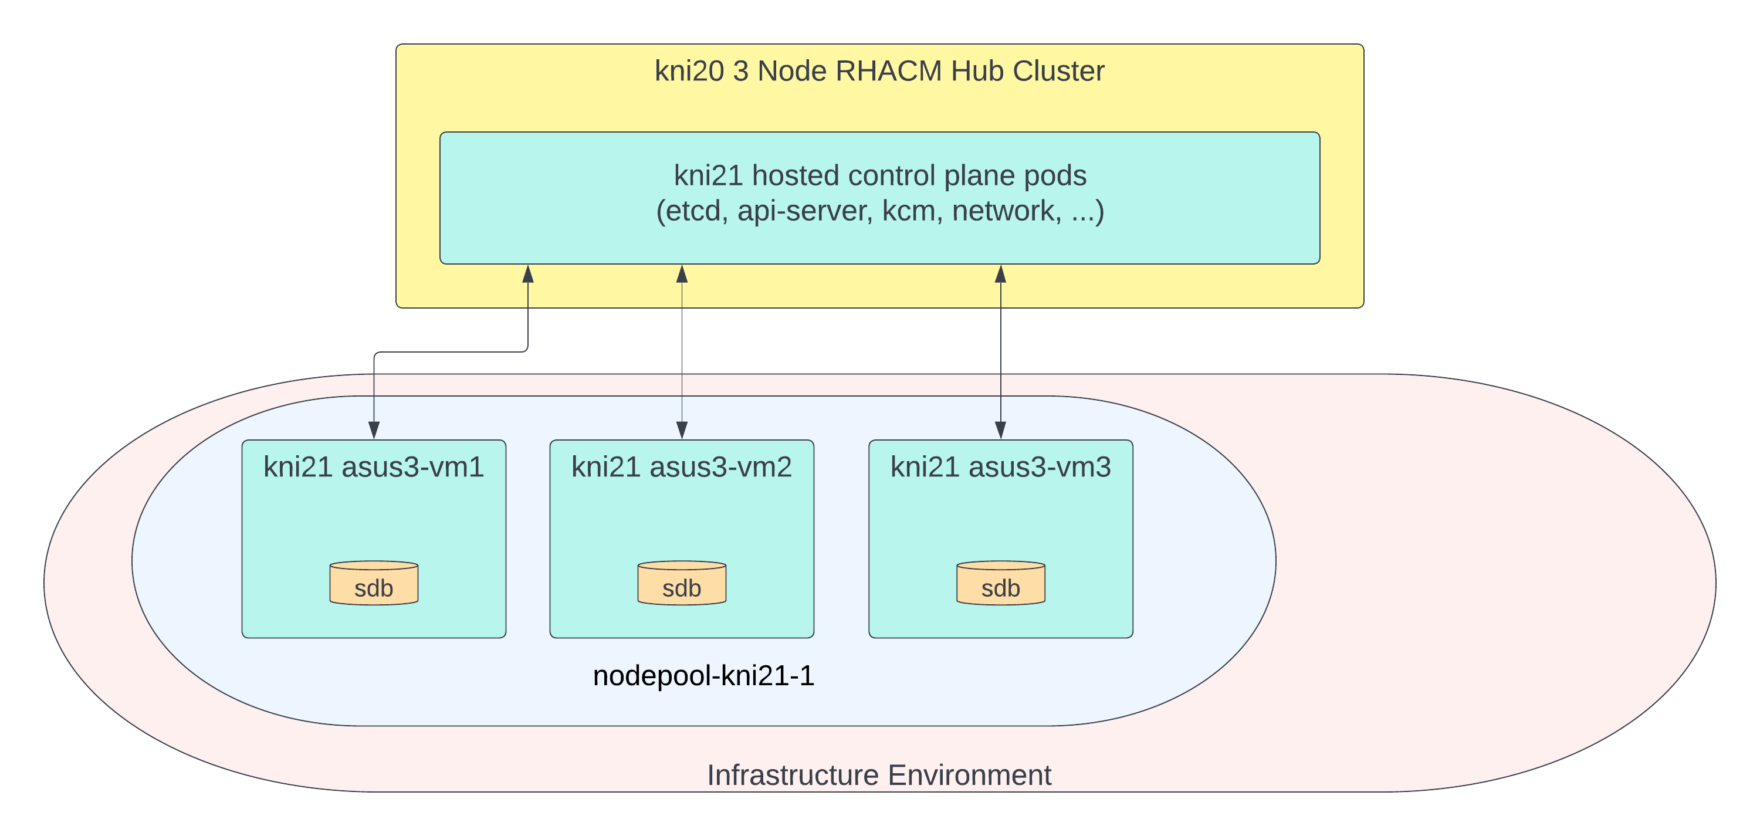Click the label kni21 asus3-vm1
(x=374, y=467)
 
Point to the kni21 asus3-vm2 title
(x=681, y=467)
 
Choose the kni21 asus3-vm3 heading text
(x=1000, y=467)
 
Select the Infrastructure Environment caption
(x=879, y=775)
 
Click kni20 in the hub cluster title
(x=689, y=71)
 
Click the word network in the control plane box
(x=1006, y=211)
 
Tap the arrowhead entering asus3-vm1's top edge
(x=374, y=430)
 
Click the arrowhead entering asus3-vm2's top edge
(x=681, y=430)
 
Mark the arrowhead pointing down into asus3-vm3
(x=1000, y=430)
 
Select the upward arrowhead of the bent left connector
(x=527, y=274)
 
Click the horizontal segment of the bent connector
(x=451, y=353)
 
